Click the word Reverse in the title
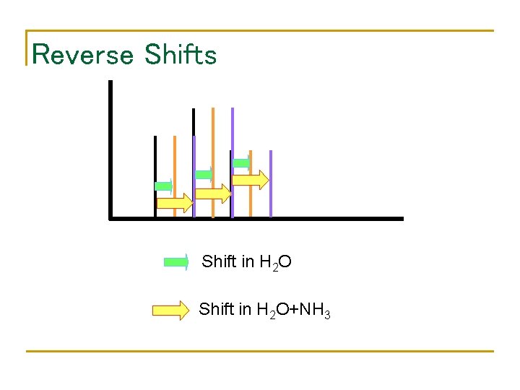[83, 54]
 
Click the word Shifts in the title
[181, 54]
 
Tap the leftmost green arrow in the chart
[164, 186]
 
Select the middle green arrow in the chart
[204, 174]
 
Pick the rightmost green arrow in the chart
[241, 162]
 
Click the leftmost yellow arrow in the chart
[175, 203]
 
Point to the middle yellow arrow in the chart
[214, 194]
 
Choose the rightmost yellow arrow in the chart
[251, 180]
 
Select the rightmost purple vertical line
[271, 183]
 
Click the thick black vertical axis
[110, 148]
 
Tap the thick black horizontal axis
[256, 217]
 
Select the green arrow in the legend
[176, 262]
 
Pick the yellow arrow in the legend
[170, 311]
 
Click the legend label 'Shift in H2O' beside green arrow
[247, 261]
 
